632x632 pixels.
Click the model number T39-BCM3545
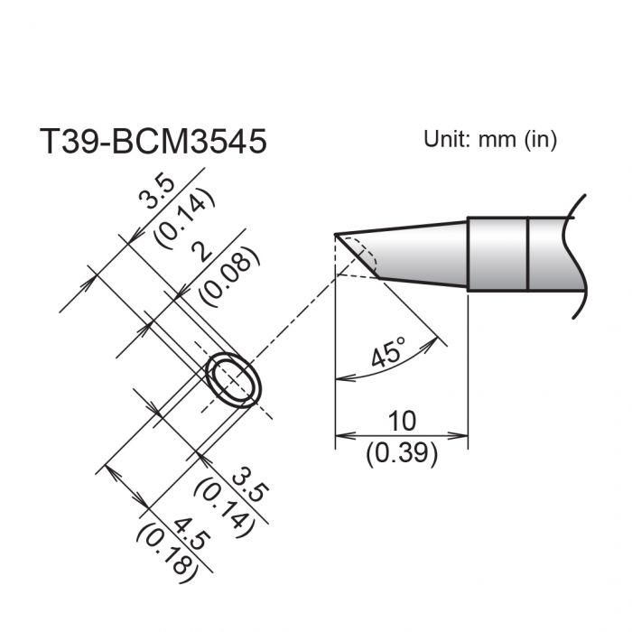click(x=153, y=141)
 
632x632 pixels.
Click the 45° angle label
click(x=389, y=354)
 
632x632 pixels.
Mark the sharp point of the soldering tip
click(x=336, y=235)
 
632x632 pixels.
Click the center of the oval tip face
click(x=234, y=380)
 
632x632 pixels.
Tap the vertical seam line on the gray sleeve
click(x=527, y=254)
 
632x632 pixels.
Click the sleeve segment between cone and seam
click(x=497, y=254)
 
